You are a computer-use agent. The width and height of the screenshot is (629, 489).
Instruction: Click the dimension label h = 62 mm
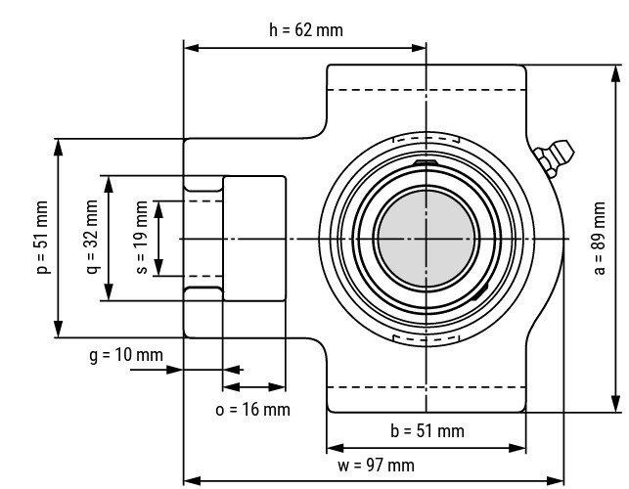pyautogui.click(x=306, y=29)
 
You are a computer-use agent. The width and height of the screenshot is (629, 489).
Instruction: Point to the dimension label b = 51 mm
pyautogui.click(x=427, y=430)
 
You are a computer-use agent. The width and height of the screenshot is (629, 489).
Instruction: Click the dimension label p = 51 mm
pyautogui.click(x=42, y=239)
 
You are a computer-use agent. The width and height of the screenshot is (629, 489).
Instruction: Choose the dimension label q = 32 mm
pyautogui.click(x=91, y=239)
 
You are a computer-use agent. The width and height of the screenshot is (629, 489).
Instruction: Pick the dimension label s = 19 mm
pyautogui.click(x=142, y=239)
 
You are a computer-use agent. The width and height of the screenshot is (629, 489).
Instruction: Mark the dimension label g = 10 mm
pyautogui.click(x=125, y=355)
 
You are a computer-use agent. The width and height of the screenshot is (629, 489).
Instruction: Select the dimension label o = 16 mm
pyautogui.click(x=252, y=409)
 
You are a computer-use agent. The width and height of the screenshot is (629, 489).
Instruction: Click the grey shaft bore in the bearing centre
pyautogui.click(x=427, y=239)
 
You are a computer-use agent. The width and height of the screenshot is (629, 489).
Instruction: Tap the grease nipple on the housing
pyautogui.click(x=555, y=159)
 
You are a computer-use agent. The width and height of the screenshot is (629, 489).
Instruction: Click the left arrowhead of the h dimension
pyautogui.click(x=190, y=46)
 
